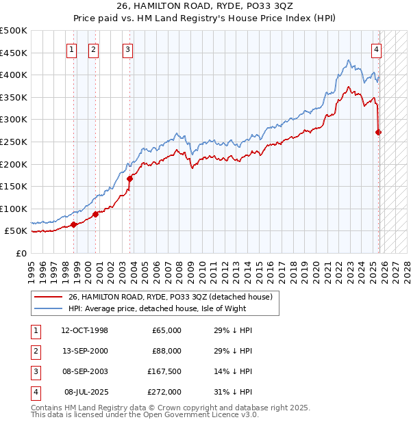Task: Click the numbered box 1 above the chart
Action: (72, 49)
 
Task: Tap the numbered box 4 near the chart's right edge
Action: (377, 49)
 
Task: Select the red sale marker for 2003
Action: (129, 178)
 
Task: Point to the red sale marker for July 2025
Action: (379, 132)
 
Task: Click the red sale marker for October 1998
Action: (73, 224)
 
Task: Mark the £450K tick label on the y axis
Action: (14, 53)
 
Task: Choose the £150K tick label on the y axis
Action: (14, 186)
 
